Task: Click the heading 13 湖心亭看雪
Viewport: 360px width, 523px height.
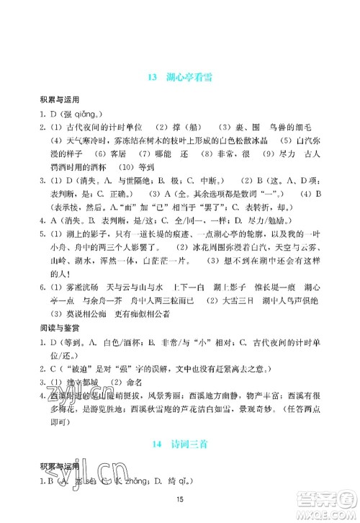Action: tap(179, 78)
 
